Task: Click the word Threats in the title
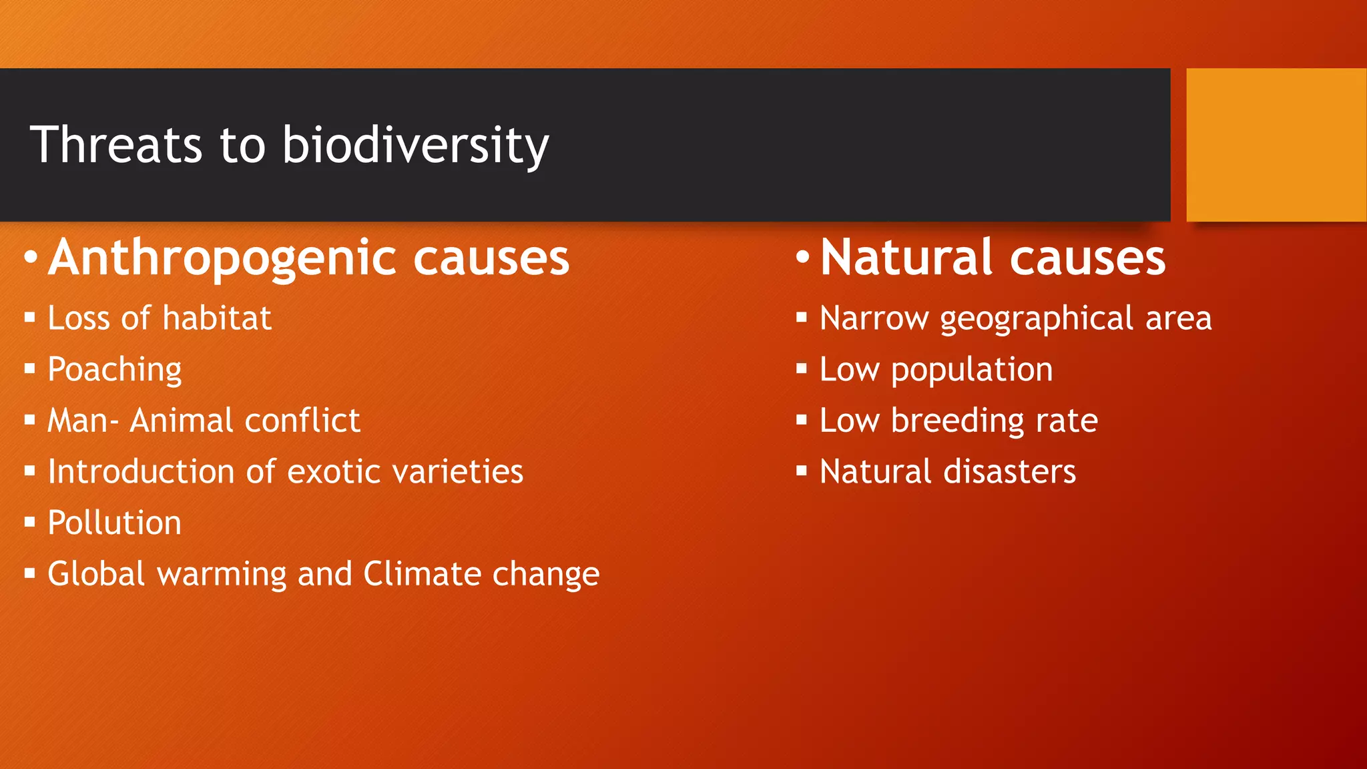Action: [x=115, y=145]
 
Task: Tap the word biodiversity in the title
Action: [x=415, y=145]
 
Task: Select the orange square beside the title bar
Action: [x=1276, y=145]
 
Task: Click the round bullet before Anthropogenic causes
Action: [x=30, y=257]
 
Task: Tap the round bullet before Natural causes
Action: [x=802, y=257]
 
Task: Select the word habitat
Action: [x=216, y=318]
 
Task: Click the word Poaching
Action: [x=115, y=369]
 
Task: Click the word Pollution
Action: [x=115, y=523]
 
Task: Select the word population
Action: [x=971, y=370]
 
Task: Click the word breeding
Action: [x=957, y=421]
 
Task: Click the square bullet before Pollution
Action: [x=29, y=522]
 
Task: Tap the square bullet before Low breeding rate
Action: [x=802, y=420]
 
